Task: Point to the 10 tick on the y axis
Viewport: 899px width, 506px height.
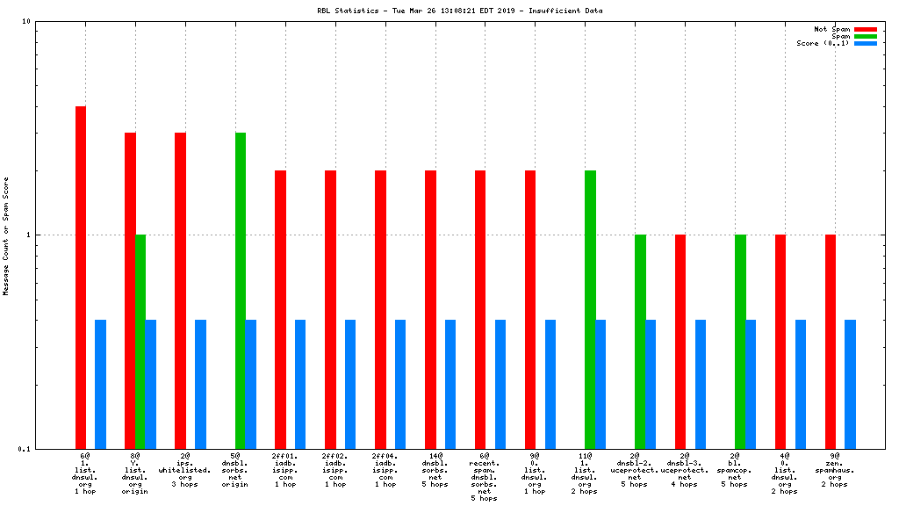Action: [26, 21]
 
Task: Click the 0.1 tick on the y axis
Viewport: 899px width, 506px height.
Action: [25, 449]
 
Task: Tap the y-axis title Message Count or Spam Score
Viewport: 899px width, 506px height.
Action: [7, 235]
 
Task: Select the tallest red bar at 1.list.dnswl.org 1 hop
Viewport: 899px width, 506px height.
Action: [81, 277]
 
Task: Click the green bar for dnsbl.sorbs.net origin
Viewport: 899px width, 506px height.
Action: [241, 290]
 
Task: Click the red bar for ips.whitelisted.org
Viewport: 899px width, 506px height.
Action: [180, 290]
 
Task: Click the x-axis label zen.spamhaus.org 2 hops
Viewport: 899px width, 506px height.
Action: [835, 470]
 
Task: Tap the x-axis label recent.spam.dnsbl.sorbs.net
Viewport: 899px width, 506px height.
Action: [485, 477]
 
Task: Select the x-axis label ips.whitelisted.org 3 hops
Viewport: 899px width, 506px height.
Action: [185, 470]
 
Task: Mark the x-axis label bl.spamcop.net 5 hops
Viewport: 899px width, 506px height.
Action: [735, 470]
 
